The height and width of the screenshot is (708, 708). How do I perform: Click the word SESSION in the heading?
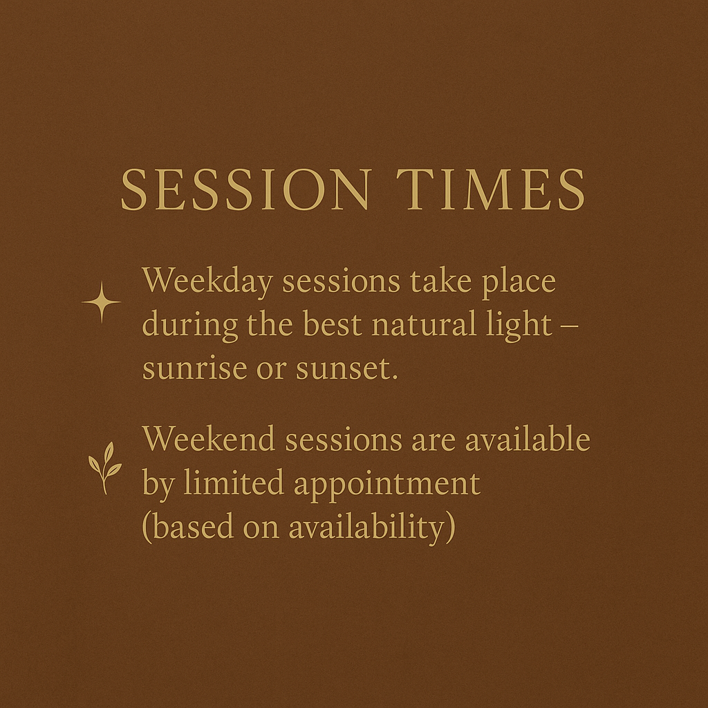[246, 189]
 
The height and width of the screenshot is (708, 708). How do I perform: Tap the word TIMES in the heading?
[491, 189]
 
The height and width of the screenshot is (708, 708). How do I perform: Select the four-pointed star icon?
[102, 302]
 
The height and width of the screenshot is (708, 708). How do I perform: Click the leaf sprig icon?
[105, 468]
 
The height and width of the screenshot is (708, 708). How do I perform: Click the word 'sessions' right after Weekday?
[342, 281]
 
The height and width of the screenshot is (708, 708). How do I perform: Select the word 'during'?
[190, 326]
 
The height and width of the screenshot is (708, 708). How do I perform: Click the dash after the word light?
[570, 326]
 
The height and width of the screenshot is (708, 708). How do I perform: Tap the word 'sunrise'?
[194, 368]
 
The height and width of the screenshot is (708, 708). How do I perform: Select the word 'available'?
[528, 438]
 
